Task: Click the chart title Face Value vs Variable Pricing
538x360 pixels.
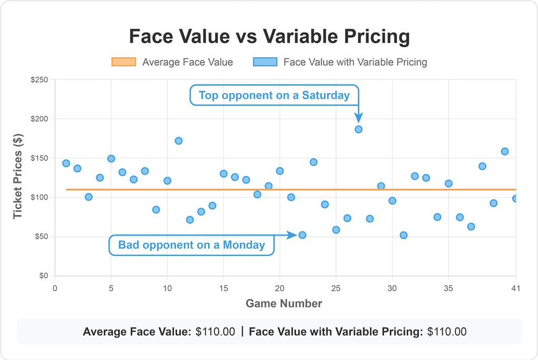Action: click(x=269, y=37)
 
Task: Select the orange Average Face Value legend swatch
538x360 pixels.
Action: click(x=124, y=62)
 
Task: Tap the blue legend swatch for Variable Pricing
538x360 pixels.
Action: click(x=265, y=62)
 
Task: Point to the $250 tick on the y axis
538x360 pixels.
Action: click(x=39, y=80)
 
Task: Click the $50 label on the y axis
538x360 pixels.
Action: click(x=42, y=236)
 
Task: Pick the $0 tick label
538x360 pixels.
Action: click(x=44, y=276)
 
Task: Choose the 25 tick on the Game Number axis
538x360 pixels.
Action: click(x=336, y=288)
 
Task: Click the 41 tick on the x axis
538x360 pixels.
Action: click(x=515, y=288)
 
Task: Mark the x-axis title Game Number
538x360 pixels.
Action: click(x=284, y=303)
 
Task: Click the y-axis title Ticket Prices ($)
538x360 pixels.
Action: click(x=19, y=178)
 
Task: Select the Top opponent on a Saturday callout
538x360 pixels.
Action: click(x=274, y=96)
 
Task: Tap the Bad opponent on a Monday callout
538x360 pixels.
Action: click(x=191, y=245)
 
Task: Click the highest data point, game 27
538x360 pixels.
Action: click(x=358, y=129)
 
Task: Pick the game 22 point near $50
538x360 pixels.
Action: click(x=302, y=235)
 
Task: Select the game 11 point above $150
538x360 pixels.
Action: click(x=179, y=141)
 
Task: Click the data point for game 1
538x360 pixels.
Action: click(x=66, y=163)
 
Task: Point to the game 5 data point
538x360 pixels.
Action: click(x=111, y=159)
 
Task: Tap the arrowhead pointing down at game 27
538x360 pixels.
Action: click(x=358, y=118)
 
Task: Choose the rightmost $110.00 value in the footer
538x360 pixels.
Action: click(x=447, y=332)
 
